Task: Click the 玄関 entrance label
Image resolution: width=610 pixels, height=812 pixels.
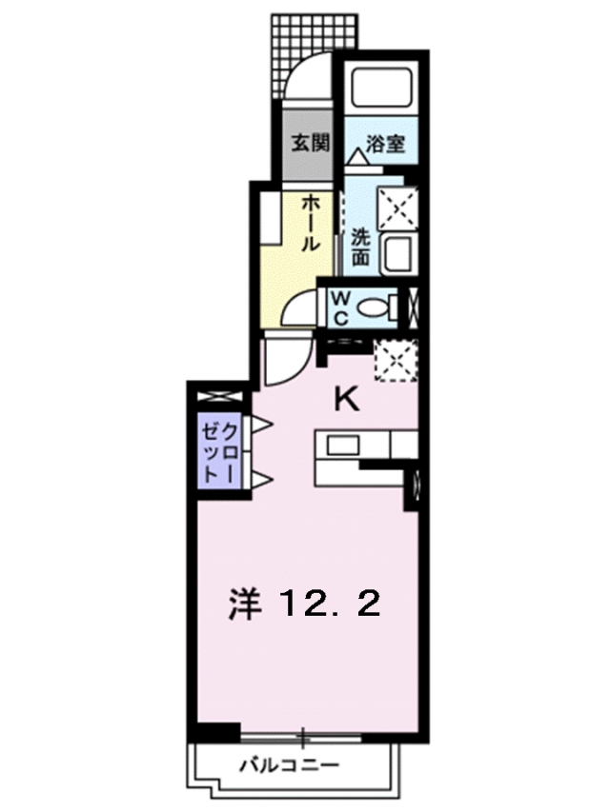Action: [x=310, y=143]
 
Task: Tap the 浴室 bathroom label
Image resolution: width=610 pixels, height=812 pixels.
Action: [x=385, y=144]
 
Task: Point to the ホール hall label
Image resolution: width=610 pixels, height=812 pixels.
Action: [x=310, y=224]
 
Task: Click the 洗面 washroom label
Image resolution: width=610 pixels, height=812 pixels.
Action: [x=360, y=247]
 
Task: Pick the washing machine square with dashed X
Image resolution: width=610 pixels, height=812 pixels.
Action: [x=397, y=208]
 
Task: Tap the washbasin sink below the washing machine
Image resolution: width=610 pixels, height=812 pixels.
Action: [x=398, y=254]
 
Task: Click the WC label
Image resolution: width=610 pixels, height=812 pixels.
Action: [x=340, y=309]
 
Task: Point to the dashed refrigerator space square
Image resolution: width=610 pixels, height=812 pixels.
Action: [x=396, y=361]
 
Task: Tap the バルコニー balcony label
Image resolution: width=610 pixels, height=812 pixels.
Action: [x=290, y=764]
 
